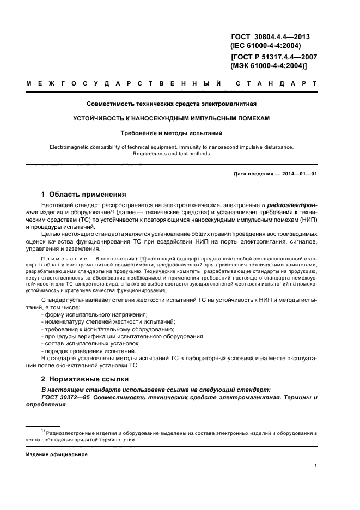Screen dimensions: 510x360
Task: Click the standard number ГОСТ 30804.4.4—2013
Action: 270,37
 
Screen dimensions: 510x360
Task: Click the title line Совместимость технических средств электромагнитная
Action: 172,104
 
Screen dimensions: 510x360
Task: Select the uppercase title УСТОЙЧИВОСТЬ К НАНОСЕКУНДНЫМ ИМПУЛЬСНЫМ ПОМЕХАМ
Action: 172,118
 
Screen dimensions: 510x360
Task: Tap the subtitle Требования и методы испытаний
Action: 172,132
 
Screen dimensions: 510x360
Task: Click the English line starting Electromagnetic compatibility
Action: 172,147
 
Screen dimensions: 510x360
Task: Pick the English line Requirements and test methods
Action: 172,154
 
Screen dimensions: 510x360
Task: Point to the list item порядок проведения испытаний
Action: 89,350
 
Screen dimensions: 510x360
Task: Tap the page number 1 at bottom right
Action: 316,466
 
